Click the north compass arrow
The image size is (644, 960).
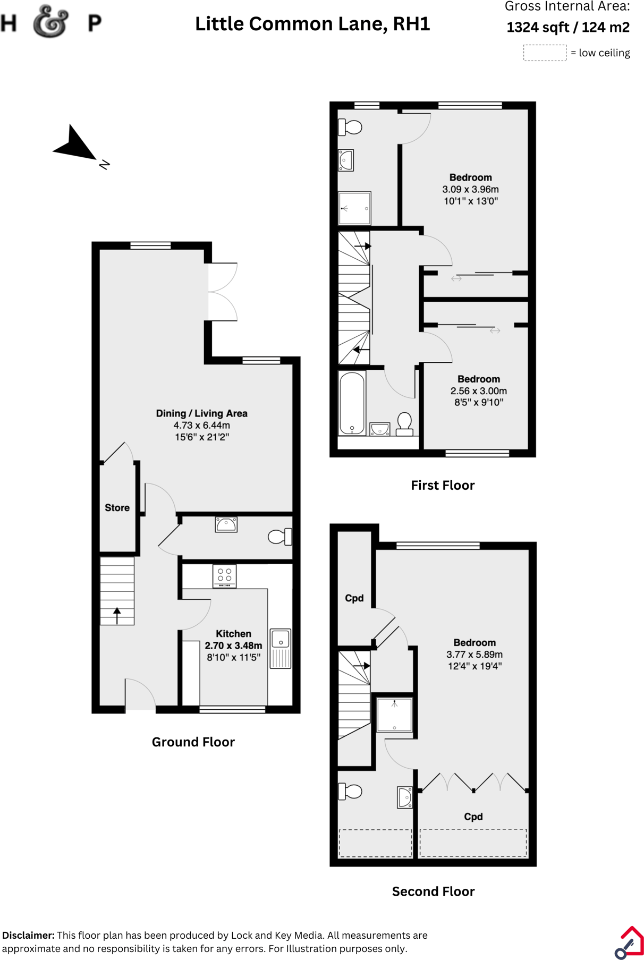pos(75,145)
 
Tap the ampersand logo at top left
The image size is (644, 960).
pos(50,22)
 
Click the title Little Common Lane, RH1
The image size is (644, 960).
pos(312,24)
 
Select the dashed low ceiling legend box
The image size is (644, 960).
pos(545,53)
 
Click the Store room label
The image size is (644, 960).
pos(117,508)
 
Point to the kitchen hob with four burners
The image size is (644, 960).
pos(224,576)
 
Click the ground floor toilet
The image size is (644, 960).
pos(280,537)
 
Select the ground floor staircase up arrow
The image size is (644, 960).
pos(117,616)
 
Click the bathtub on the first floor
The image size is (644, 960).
pos(352,403)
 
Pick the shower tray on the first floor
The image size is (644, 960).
pos(354,208)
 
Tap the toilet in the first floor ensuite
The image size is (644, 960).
pos(350,127)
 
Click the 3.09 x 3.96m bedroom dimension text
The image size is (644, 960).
pos(470,189)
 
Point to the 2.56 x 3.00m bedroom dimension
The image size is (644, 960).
pos(478,391)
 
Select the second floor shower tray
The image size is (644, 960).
pos(394,715)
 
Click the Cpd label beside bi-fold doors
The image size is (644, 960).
pos(473,817)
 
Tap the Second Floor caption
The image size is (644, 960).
pos(433,891)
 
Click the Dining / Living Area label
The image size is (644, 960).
pos(201,413)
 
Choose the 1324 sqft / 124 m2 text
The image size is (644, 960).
pos(567,27)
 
